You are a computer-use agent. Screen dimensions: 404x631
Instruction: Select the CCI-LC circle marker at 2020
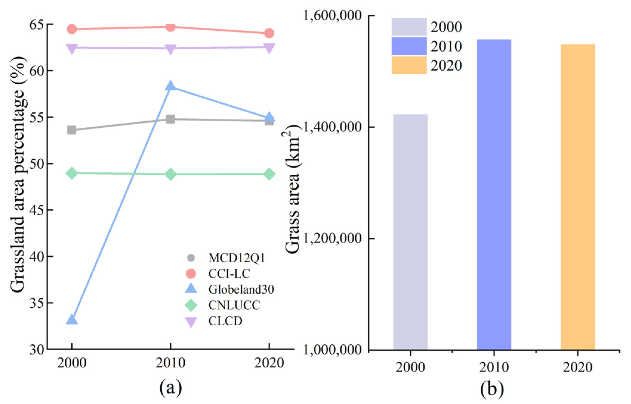coord(269,33)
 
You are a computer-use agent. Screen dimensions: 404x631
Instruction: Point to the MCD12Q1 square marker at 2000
coord(72,130)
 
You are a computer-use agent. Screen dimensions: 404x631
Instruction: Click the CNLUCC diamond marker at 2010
coord(170,174)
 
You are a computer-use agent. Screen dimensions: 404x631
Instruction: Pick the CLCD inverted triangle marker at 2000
coord(72,48)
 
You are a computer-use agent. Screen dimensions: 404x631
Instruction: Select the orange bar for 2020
coord(578,197)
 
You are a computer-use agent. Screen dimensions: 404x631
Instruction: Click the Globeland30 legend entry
coord(241,289)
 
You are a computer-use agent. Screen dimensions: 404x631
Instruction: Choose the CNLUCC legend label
coord(234,305)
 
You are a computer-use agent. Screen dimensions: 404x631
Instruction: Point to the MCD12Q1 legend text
coord(237,258)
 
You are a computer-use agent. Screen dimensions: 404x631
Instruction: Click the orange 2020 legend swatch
coord(409,65)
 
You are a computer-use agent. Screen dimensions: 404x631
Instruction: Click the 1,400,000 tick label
coord(332,127)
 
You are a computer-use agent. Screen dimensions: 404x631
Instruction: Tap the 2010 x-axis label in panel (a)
coord(170,363)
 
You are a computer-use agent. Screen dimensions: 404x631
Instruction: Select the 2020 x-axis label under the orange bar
coord(578,367)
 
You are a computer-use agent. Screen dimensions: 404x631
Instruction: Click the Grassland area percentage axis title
coord(18,174)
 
